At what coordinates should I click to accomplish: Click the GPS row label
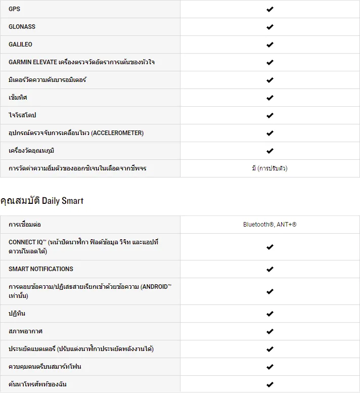tap(15, 9)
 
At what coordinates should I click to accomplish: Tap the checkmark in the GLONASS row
tap(270, 27)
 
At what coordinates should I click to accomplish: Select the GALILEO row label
tap(20, 45)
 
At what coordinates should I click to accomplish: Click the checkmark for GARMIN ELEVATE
tap(270, 62)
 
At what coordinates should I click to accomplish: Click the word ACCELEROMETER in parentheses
tap(117, 133)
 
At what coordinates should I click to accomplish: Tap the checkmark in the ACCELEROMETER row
tap(270, 133)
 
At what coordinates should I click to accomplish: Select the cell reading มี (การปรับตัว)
tap(269, 168)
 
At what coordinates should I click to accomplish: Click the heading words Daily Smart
tap(63, 201)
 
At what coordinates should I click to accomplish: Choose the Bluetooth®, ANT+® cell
tap(269, 224)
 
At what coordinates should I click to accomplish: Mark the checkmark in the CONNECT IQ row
tap(270, 247)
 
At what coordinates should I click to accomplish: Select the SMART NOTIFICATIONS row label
tap(41, 269)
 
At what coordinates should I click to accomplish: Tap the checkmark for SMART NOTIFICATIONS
tap(270, 269)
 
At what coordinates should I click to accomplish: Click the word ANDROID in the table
tap(155, 287)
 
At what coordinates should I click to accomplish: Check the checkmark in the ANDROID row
tap(270, 291)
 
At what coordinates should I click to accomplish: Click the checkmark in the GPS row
tap(270, 9)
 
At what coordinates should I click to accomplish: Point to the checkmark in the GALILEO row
tap(270, 45)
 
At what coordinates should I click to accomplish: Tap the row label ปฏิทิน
tap(17, 314)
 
